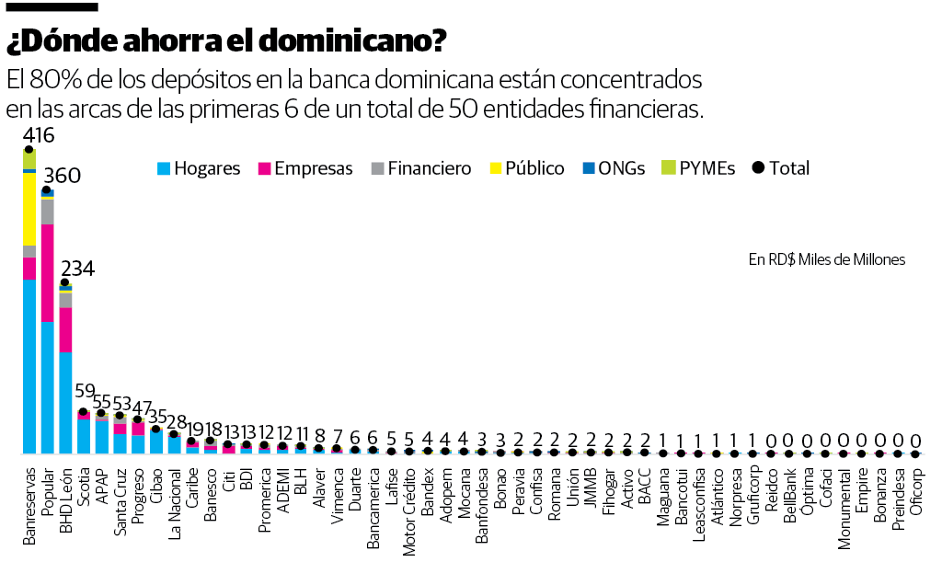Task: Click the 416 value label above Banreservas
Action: (x=40, y=136)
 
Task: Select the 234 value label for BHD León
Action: (x=78, y=269)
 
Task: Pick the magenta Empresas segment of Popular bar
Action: (x=47, y=272)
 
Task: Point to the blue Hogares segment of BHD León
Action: (x=65, y=402)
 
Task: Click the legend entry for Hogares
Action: (x=198, y=168)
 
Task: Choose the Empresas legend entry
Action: (x=304, y=168)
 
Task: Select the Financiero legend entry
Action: (x=419, y=168)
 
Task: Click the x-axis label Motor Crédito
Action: (x=409, y=501)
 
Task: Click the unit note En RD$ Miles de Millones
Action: (x=826, y=260)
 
